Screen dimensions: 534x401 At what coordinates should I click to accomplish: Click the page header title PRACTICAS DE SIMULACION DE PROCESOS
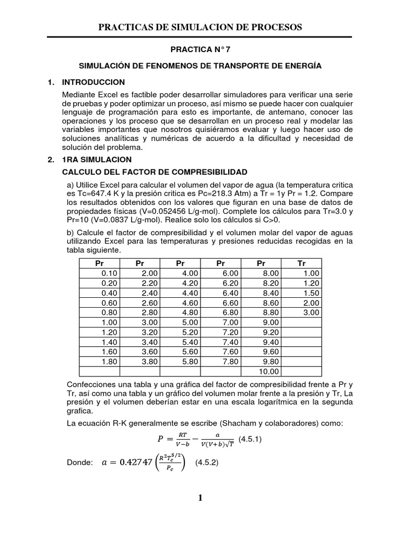(200, 27)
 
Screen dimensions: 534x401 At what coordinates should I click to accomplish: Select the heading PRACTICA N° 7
(200, 51)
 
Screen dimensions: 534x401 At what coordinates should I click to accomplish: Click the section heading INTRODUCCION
(93, 82)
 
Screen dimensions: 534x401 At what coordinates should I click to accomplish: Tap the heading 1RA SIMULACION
(97, 160)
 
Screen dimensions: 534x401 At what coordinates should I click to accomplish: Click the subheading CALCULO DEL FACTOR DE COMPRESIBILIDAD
(155, 172)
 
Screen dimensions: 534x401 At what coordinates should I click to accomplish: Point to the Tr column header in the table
(301, 263)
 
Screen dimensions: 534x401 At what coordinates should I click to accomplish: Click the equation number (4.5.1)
(250, 439)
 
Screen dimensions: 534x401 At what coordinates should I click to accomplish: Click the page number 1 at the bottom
(200, 498)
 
